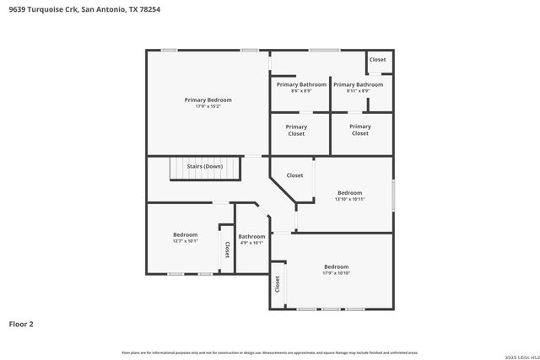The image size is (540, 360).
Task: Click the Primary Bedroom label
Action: coord(208,99)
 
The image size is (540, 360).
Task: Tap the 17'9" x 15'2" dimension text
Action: coord(208,106)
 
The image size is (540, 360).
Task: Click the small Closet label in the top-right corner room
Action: coord(377,60)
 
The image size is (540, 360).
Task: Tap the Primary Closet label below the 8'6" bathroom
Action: coord(296,130)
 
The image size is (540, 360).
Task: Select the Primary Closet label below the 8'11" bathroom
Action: coord(360,130)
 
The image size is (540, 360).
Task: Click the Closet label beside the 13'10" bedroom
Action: coord(294,175)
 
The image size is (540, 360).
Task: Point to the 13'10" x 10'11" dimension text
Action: coord(349,199)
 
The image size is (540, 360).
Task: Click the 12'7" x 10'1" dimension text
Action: coord(186,241)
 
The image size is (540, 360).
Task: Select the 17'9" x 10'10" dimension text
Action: coord(336,273)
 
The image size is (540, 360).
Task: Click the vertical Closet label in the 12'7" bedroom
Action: coord(227,250)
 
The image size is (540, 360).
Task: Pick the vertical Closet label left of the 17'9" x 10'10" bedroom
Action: coord(277,284)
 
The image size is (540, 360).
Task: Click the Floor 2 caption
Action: coord(21,324)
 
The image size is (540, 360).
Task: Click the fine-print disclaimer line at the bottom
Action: coord(269,352)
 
